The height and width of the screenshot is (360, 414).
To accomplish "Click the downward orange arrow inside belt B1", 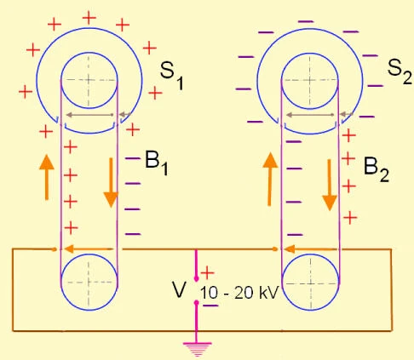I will (x=111, y=187).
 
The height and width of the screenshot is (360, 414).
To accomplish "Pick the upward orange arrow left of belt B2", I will (x=269, y=180).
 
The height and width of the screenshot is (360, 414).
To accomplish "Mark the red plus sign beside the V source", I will (x=207, y=272).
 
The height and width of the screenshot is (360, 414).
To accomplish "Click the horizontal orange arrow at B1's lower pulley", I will (x=89, y=249).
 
